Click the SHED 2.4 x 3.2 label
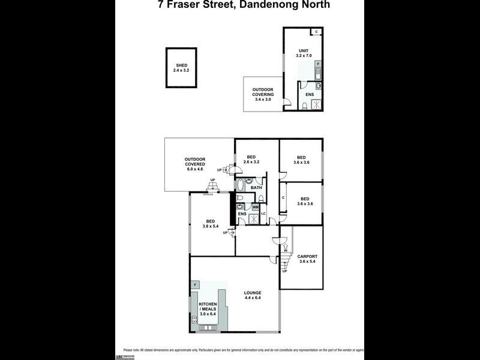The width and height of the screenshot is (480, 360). click(181, 68)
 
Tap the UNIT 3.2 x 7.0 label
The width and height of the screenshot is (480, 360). click(304, 53)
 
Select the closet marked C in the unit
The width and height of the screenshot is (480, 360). click(316, 32)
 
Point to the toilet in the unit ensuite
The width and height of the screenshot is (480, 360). click(306, 106)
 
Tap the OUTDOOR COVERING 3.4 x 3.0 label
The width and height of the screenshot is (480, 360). click(263, 95)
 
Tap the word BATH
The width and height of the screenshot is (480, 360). click(256, 188)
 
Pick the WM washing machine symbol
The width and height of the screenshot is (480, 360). click(255, 208)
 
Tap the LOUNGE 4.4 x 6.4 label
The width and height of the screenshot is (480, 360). click(253, 295)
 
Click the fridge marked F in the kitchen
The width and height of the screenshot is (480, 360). click(195, 284)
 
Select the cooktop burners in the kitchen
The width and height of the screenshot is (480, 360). click(194, 321)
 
